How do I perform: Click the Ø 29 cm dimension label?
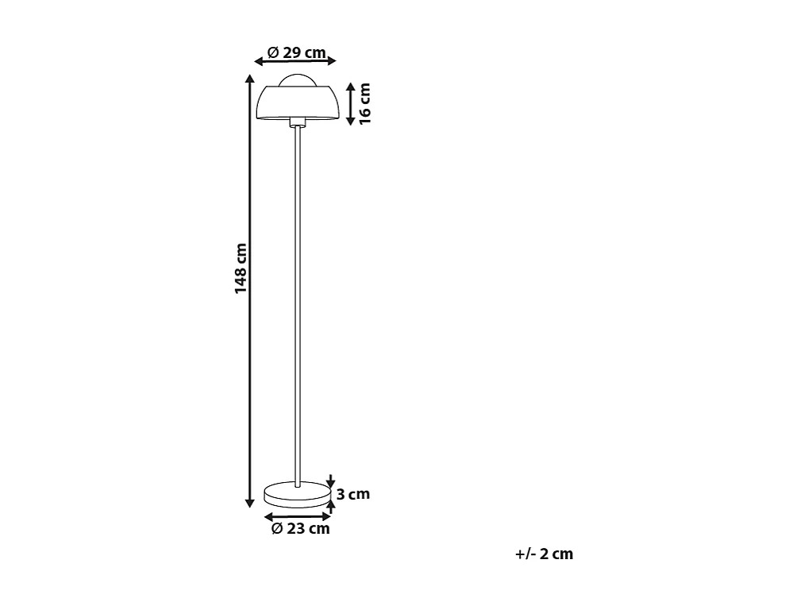tap(296, 53)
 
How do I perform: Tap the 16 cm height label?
tap(364, 103)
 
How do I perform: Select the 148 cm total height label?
tap(240, 268)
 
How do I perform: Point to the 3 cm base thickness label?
tap(353, 494)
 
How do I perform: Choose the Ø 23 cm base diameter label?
tap(300, 529)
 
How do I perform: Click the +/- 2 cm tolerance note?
tap(544, 554)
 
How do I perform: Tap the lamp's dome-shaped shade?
tap(299, 102)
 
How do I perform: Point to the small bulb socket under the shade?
tap(298, 122)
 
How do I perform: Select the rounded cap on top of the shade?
tap(298, 79)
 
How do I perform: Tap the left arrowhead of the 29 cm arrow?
tap(258, 61)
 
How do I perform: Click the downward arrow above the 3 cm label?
tap(331, 480)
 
